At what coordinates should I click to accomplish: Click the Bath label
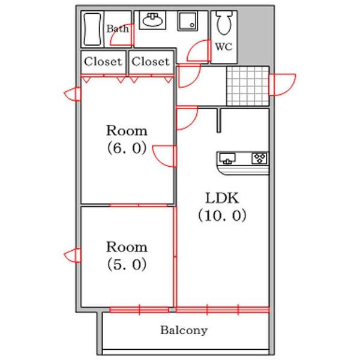pyautogui.click(x=117, y=28)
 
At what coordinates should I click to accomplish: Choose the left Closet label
pyautogui.click(x=103, y=61)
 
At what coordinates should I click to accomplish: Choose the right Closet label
pyautogui.click(x=150, y=61)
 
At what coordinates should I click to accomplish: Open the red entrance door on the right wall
pyautogui.click(x=282, y=84)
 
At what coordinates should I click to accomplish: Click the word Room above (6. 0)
pyautogui.click(x=127, y=130)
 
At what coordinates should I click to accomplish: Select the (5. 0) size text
pyautogui.click(x=127, y=264)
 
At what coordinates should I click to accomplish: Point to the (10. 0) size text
pyautogui.click(x=223, y=215)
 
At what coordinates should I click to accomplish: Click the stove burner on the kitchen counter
pyautogui.click(x=260, y=158)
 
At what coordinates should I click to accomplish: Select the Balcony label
pyautogui.click(x=184, y=330)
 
